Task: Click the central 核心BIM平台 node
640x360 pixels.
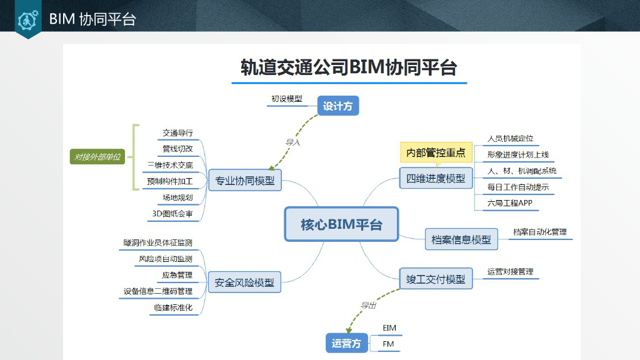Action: tap(341, 224)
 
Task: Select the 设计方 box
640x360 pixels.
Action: tap(338, 106)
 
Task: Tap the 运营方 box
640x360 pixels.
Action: tap(346, 343)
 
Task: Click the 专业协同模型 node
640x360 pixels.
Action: tap(244, 181)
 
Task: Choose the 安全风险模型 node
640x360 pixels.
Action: tap(244, 282)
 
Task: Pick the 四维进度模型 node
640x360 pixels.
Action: tap(436, 178)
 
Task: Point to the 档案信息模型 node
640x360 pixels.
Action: tap(461, 239)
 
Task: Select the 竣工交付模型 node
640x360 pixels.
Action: tap(436, 279)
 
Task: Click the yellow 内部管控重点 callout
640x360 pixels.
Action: tap(436, 152)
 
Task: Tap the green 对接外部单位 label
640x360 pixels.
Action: tap(97, 157)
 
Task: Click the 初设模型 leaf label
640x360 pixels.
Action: tap(287, 99)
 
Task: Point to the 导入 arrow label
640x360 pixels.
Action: tap(293, 142)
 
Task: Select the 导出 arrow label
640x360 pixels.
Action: tap(368, 305)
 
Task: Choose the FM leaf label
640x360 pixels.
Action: tap(388, 344)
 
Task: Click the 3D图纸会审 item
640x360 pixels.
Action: tap(172, 214)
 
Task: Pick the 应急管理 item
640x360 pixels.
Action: tap(177, 275)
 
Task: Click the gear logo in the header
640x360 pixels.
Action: tap(28, 19)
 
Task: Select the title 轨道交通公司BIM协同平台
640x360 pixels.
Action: tap(349, 67)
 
